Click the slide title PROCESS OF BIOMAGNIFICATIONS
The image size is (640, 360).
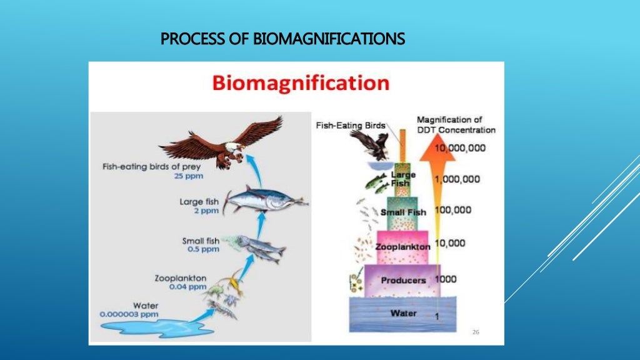[x=282, y=40]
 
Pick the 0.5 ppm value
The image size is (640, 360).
[x=203, y=249]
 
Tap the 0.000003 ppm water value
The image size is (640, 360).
[x=129, y=314]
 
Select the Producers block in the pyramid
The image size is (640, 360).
[x=403, y=280]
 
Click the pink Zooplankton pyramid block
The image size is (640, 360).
[x=402, y=247]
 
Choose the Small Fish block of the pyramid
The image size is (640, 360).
[x=402, y=212]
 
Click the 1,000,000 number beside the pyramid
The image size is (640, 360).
[x=457, y=179]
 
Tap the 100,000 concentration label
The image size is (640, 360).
[x=452, y=210]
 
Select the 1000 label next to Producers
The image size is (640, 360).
[x=446, y=279]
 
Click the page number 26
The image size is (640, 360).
[x=476, y=332]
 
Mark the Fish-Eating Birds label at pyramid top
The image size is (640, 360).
[x=351, y=125]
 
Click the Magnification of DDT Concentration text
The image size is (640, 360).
[x=456, y=124]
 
